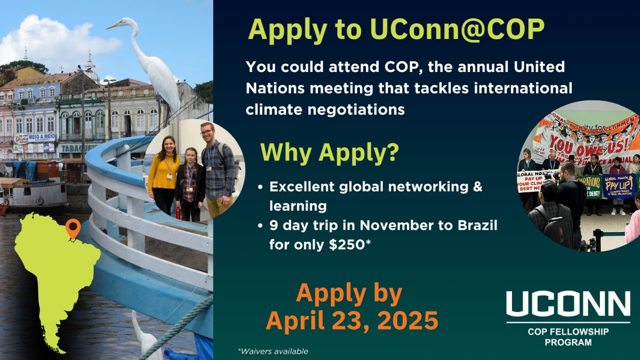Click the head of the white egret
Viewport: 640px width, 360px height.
pyautogui.click(x=126, y=23)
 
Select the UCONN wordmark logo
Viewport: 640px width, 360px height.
pyautogui.click(x=567, y=303)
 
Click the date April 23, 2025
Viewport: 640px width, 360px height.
pyautogui.click(x=352, y=321)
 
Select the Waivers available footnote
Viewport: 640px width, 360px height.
pyautogui.click(x=273, y=351)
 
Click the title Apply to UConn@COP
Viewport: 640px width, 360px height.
pyautogui.click(x=396, y=30)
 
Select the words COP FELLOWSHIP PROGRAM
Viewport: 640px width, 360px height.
pyautogui.click(x=568, y=337)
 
